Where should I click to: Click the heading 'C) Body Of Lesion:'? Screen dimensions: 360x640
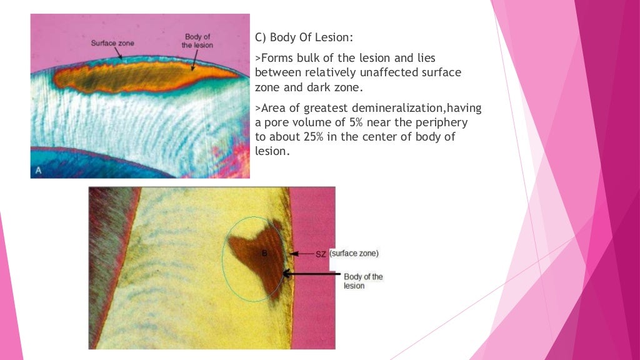304,37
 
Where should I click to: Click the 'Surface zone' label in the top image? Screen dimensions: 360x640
112,43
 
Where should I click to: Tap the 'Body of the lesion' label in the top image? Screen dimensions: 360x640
197,41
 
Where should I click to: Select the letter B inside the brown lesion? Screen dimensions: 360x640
264,253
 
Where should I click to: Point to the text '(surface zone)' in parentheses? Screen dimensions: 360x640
354,254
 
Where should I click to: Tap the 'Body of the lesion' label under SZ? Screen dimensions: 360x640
363,281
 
